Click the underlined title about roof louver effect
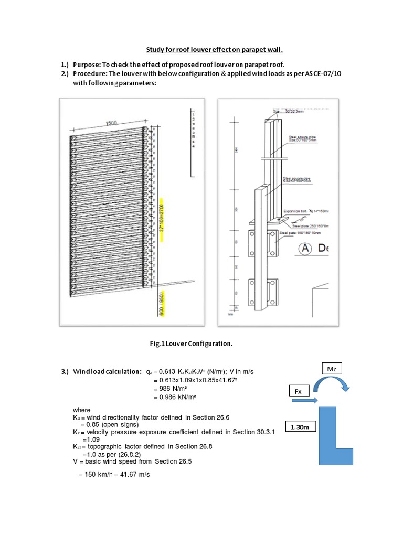click(x=214, y=50)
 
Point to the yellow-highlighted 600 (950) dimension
click(x=162, y=304)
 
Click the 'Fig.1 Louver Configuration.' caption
click(x=191, y=343)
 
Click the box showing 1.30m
click(x=300, y=428)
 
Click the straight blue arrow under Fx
click(x=303, y=401)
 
